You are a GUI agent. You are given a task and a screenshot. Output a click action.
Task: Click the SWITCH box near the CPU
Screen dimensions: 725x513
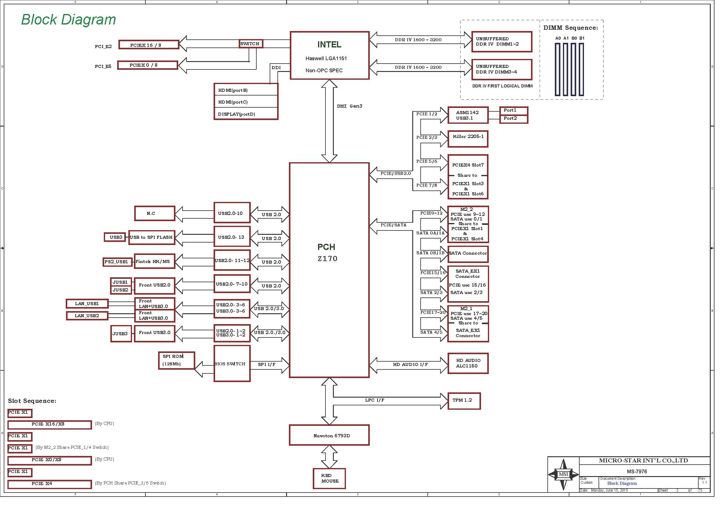pos(251,44)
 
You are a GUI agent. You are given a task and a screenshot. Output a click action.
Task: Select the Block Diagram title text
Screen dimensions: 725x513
pos(69,20)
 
